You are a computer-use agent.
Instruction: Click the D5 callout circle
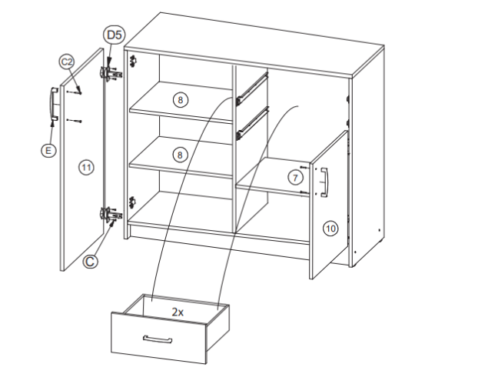point(114,35)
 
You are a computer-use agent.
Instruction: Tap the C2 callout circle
point(67,62)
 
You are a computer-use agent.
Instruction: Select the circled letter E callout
point(48,150)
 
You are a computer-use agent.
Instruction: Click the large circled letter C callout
point(90,262)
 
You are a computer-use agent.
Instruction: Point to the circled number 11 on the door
point(86,168)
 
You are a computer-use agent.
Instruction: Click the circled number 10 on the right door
point(330,229)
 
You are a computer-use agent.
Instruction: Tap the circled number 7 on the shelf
point(295,178)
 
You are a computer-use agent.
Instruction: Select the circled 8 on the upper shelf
point(181,100)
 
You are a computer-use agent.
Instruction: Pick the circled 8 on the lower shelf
point(180,155)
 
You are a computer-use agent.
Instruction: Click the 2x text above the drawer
point(178,312)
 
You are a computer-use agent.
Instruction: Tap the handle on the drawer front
point(158,339)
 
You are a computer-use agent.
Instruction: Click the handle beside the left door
point(53,104)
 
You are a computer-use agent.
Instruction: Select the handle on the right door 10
point(324,182)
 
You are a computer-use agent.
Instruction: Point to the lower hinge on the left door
point(111,215)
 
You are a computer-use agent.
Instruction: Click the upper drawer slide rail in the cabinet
point(252,88)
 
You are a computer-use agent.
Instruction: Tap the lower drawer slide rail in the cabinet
point(253,123)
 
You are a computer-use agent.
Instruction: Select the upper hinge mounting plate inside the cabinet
point(134,61)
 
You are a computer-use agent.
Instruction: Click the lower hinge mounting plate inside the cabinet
point(132,202)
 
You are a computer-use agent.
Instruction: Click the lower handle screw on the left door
point(75,121)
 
